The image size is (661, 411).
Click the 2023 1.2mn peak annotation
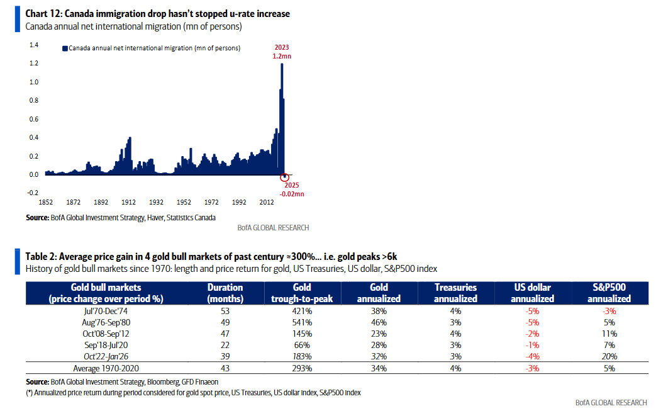[282, 52]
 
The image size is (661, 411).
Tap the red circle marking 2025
[284, 177]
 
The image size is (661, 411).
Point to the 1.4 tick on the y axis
[34, 45]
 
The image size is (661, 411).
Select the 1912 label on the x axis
[128, 203]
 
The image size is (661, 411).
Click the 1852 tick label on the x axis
[46, 203]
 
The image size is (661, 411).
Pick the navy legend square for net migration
[64, 48]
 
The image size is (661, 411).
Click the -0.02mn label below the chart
[292, 194]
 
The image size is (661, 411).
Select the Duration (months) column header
[225, 293]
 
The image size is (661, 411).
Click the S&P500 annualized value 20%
[609, 356]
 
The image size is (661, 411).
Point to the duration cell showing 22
[225, 345]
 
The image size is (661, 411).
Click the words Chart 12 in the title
[44, 13]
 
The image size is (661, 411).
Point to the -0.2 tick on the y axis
[33, 193]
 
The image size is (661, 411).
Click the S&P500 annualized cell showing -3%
[609, 311]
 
